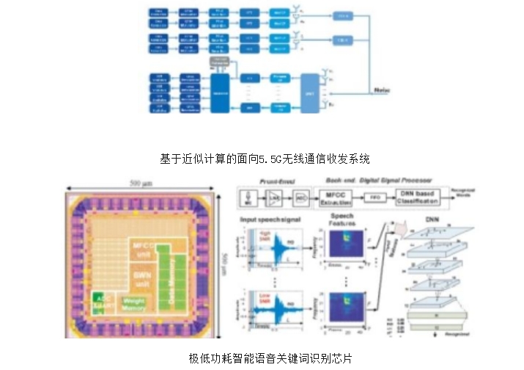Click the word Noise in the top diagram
[383, 89]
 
